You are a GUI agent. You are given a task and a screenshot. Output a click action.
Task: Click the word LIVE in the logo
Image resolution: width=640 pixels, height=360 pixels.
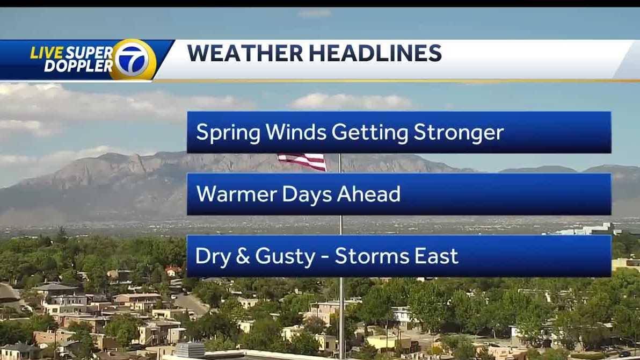coord(46,53)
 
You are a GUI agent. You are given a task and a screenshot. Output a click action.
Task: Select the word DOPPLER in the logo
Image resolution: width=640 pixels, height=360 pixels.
coord(78,66)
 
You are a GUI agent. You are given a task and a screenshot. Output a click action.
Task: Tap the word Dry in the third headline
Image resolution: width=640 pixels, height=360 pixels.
coord(211,256)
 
